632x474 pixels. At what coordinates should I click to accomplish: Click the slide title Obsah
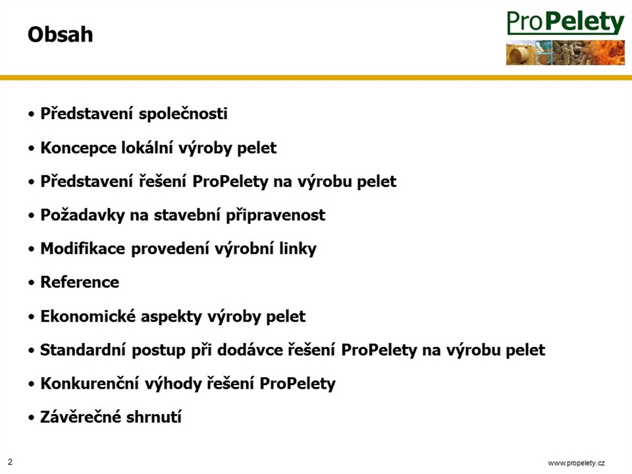click(x=60, y=35)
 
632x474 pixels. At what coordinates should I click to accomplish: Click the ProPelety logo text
click(x=565, y=23)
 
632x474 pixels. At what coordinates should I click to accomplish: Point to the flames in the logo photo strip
click(x=605, y=52)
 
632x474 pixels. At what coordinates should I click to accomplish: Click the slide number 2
click(x=10, y=462)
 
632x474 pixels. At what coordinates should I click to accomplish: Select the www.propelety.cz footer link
click(x=576, y=463)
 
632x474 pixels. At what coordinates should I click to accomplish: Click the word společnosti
click(x=183, y=114)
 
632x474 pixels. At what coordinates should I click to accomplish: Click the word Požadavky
click(x=83, y=215)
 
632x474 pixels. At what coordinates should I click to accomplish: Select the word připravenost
click(x=275, y=215)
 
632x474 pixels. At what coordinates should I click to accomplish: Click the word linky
click(x=298, y=249)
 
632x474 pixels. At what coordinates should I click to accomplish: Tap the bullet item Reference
click(x=80, y=282)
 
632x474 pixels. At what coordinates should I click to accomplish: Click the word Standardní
click(x=83, y=350)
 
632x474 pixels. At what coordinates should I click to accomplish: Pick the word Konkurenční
click(x=90, y=383)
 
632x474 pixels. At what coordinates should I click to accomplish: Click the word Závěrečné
click(x=81, y=417)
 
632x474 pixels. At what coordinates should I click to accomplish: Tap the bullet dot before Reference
click(x=31, y=283)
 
